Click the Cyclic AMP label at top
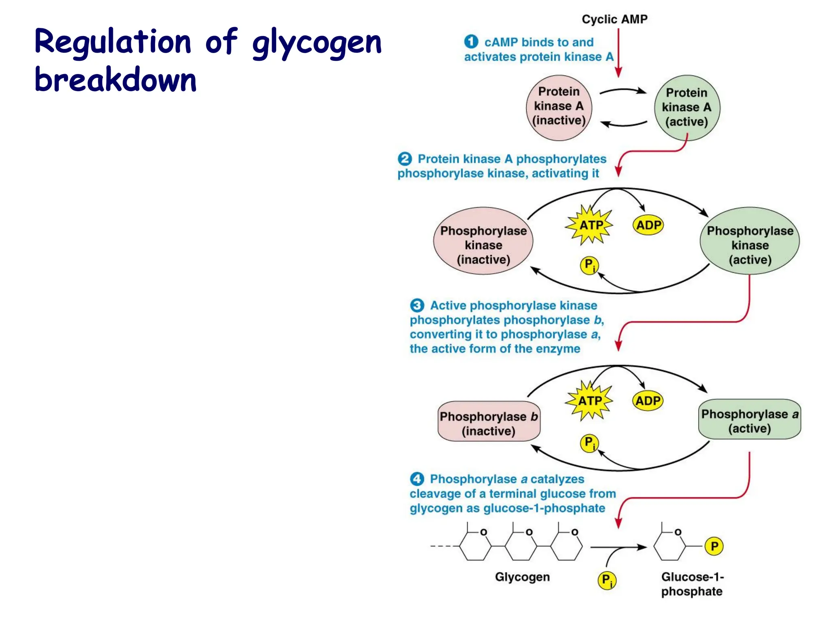coord(614,19)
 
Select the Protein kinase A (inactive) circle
coord(559,107)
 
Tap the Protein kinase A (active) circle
coord(687,108)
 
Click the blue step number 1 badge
coord(471,41)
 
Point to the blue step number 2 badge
coord(404,158)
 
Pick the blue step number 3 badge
coord(417,305)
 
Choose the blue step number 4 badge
coord(417,479)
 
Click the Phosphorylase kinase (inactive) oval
coord(483,241)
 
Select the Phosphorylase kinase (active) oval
coord(750,241)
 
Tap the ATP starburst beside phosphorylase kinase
coord(590,225)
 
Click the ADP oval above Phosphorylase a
coord(648,401)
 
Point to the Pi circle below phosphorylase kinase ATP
coord(589,265)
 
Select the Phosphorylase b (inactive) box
coord(489,421)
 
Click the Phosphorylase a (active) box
coord(749,420)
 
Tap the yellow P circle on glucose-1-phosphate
coord(714,546)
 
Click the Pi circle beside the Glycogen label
coord(607,580)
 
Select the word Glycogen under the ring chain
coord(522,577)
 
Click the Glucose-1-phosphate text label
coord(692,584)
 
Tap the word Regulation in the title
coord(113,43)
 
